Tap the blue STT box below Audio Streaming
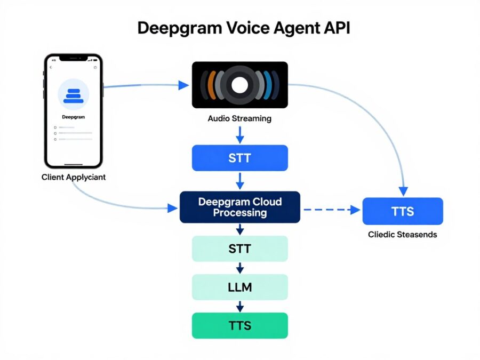click(x=239, y=158)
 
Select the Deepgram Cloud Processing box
click(x=239, y=207)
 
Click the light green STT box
click(x=239, y=249)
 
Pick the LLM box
click(x=239, y=287)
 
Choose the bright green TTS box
click(x=239, y=325)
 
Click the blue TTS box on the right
click(x=402, y=211)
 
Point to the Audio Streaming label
click(x=239, y=118)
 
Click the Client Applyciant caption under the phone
click(x=74, y=177)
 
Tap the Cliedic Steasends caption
click(x=402, y=235)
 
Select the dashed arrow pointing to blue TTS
click(x=331, y=210)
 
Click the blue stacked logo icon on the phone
click(x=73, y=95)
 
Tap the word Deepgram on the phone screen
click(x=74, y=116)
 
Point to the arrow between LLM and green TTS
click(x=239, y=306)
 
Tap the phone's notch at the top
click(x=74, y=58)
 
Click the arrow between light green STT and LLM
click(x=239, y=268)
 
